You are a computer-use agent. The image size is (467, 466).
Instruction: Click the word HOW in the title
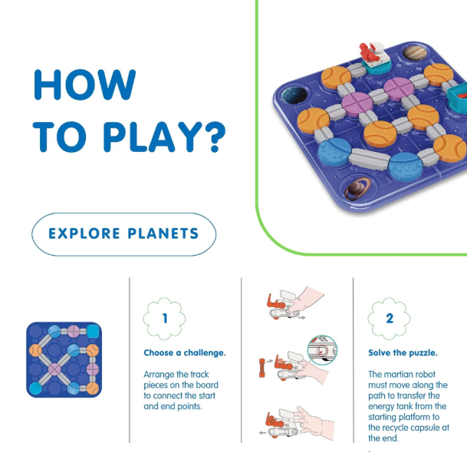pyautogui.click(x=85, y=84)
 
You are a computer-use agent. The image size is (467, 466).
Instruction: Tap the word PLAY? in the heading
pyautogui.click(x=165, y=137)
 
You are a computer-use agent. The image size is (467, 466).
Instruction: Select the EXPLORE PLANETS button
pyautogui.click(x=124, y=234)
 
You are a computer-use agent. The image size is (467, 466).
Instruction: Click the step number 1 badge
pyautogui.click(x=164, y=319)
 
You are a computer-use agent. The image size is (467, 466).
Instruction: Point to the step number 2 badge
pyautogui.click(x=389, y=319)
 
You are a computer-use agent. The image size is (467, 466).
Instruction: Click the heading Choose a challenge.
pyautogui.click(x=185, y=352)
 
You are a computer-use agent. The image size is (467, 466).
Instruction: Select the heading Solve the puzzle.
pyautogui.click(x=403, y=352)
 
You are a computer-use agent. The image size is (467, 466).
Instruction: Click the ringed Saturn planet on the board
pyautogui.click(x=357, y=188)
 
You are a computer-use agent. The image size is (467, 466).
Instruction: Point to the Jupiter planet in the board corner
pyautogui.click(x=415, y=53)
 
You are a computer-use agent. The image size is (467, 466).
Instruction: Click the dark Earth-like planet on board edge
pyautogui.click(x=294, y=94)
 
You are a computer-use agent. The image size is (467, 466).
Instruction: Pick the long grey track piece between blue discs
pyautogui.click(x=370, y=159)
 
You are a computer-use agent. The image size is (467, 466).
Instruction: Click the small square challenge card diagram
pyautogui.click(x=64, y=359)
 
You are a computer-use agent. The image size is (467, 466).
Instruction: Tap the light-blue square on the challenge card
pyautogui.click(x=93, y=331)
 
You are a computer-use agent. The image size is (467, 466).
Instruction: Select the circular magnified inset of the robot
pyautogui.click(x=322, y=350)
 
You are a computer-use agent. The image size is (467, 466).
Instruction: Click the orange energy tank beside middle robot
pyautogui.click(x=261, y=369)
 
